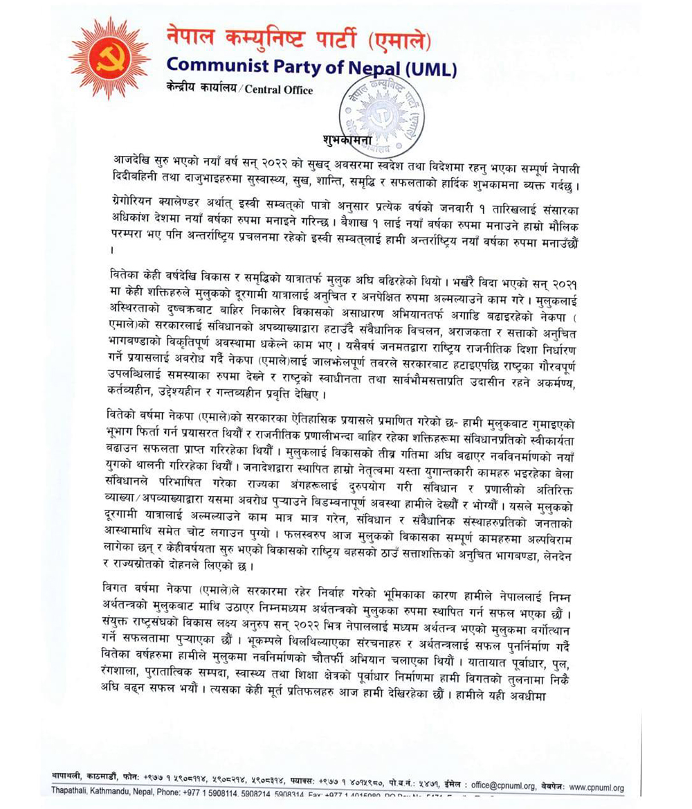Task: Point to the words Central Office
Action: click(x=278, y=90)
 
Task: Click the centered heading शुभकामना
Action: click(x=350, y=139)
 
